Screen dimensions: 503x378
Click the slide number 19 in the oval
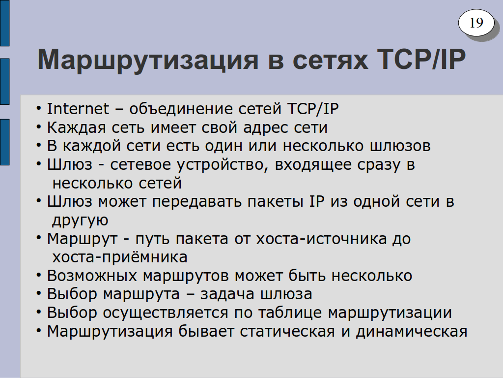476,23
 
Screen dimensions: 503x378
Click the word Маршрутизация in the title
148,60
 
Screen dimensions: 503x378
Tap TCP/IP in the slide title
421,59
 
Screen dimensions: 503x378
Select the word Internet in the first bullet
78,109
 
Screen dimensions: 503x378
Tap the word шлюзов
400,146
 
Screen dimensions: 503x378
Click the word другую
80,221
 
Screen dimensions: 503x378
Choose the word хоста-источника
321,239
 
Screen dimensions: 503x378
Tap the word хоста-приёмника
120,257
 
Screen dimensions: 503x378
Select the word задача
227,294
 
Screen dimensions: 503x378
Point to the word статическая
287,332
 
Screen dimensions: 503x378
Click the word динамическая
412,331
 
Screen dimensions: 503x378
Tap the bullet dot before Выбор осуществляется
39,313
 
